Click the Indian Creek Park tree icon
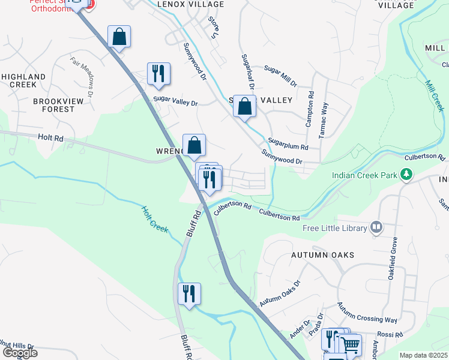coord(408,175)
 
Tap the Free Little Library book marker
coord(376,227)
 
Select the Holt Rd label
coord(50,138)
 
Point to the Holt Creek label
coord(154,219)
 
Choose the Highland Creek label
coord(23,80)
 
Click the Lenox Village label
coord(182,4)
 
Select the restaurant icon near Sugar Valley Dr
coord(158,73)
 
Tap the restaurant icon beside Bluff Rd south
coord(189,293)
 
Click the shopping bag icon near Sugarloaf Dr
coord(244,106)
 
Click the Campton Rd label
coord(310,109)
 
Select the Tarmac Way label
coord(325,116)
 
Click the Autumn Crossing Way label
coord(367,312)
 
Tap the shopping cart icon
coord(351,344)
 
